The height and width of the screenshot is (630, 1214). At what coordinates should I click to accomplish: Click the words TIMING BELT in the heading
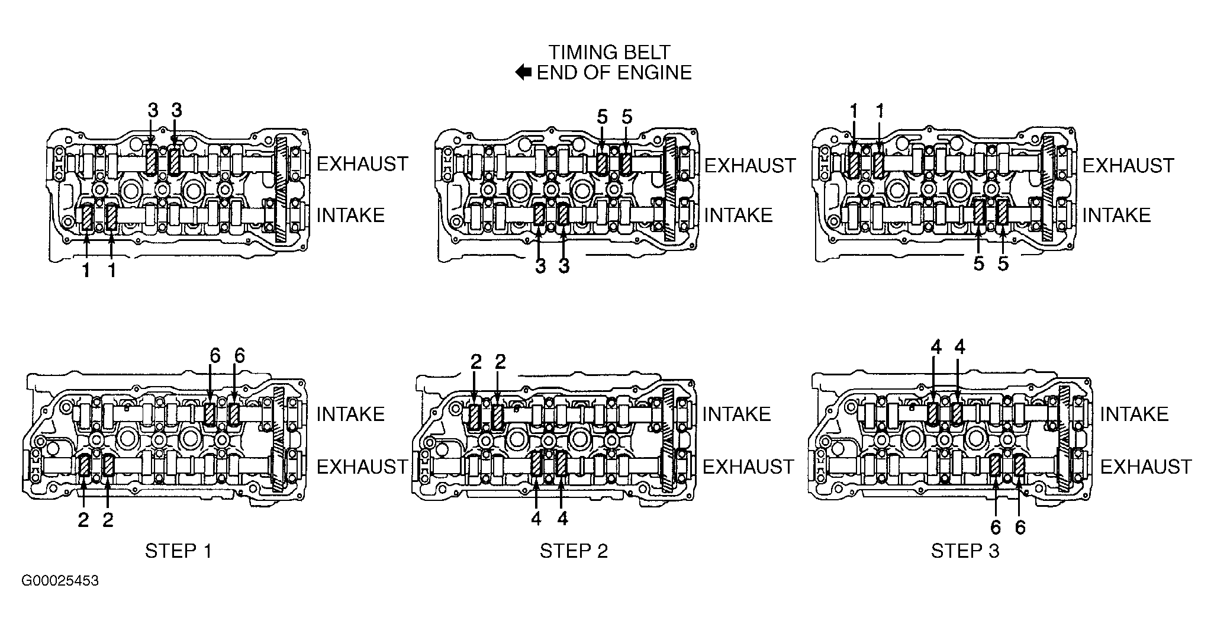click(x=609, y=52)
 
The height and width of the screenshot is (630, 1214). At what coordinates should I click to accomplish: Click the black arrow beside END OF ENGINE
click(x=523, y=73)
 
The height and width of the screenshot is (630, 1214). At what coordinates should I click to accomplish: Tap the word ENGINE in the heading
click(x=655, y=73)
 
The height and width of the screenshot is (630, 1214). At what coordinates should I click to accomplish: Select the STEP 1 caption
click(x=178, y=551)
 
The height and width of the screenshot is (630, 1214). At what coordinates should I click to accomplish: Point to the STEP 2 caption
click(x=574, y=551)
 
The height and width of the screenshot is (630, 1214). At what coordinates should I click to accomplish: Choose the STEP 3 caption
click(x=965, y=551)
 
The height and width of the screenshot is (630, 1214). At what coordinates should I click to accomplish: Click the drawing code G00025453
click(x=60, y=581)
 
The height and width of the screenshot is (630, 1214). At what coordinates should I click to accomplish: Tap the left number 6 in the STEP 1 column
click(x=215, y=356)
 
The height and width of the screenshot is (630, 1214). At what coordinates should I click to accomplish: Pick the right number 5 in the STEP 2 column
click(x=627, y=117)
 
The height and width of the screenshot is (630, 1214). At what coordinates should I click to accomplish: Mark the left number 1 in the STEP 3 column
click(x=854, y=111)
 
